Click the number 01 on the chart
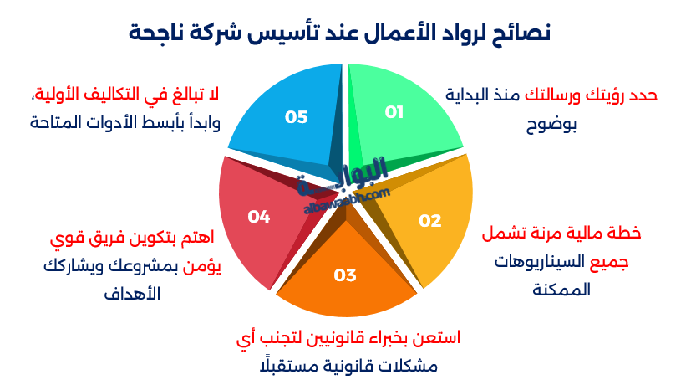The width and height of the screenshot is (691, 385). [x=394, y=112]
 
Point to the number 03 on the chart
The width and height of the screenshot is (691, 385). [x=345, y=275]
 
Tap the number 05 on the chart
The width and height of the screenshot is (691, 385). [x=296, y=117]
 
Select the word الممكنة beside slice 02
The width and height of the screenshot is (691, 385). [x=561, y=290]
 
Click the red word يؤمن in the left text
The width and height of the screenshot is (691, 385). [x=201, y=266]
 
